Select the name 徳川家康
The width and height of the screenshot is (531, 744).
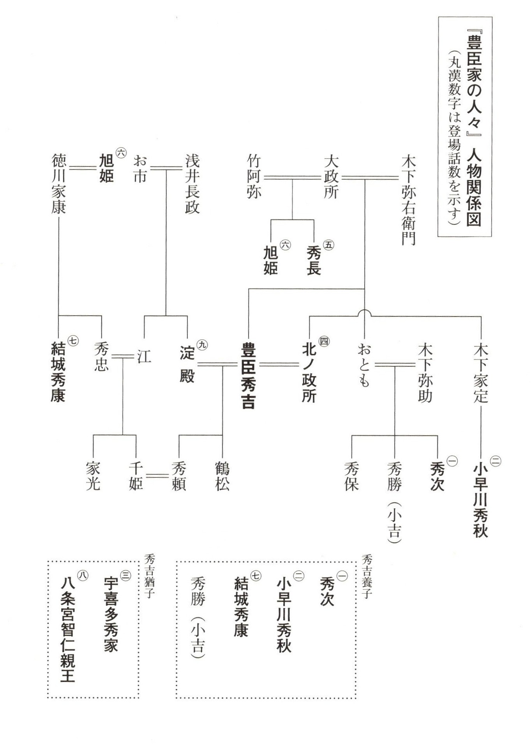pyautogui.click(x=58, y=184)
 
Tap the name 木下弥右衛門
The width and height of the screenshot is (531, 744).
pyautogui.click(x=409, y=200)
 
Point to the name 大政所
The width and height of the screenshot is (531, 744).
pyautogui.click(x=331, y=177)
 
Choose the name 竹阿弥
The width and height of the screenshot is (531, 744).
pyautogui.click(x=254, y=176)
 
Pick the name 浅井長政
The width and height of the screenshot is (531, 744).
pyautogui.click(x=192, y=184)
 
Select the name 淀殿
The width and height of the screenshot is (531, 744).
pyautogui.click(x=187, y=364)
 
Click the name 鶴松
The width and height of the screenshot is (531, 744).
pyautogui.click(x=222, y=476)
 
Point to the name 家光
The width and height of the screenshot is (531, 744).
pyautogui.click(x=93, y=476)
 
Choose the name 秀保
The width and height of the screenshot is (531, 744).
pyautogui.click(x=351, y=476)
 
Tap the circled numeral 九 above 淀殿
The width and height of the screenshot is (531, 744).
pyautogui.click(x=202, y=344)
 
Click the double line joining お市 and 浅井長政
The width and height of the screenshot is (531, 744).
pyautogui.click(x=166, y=168)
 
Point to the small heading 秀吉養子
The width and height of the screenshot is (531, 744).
pyautogui.click(x=367, y=576)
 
